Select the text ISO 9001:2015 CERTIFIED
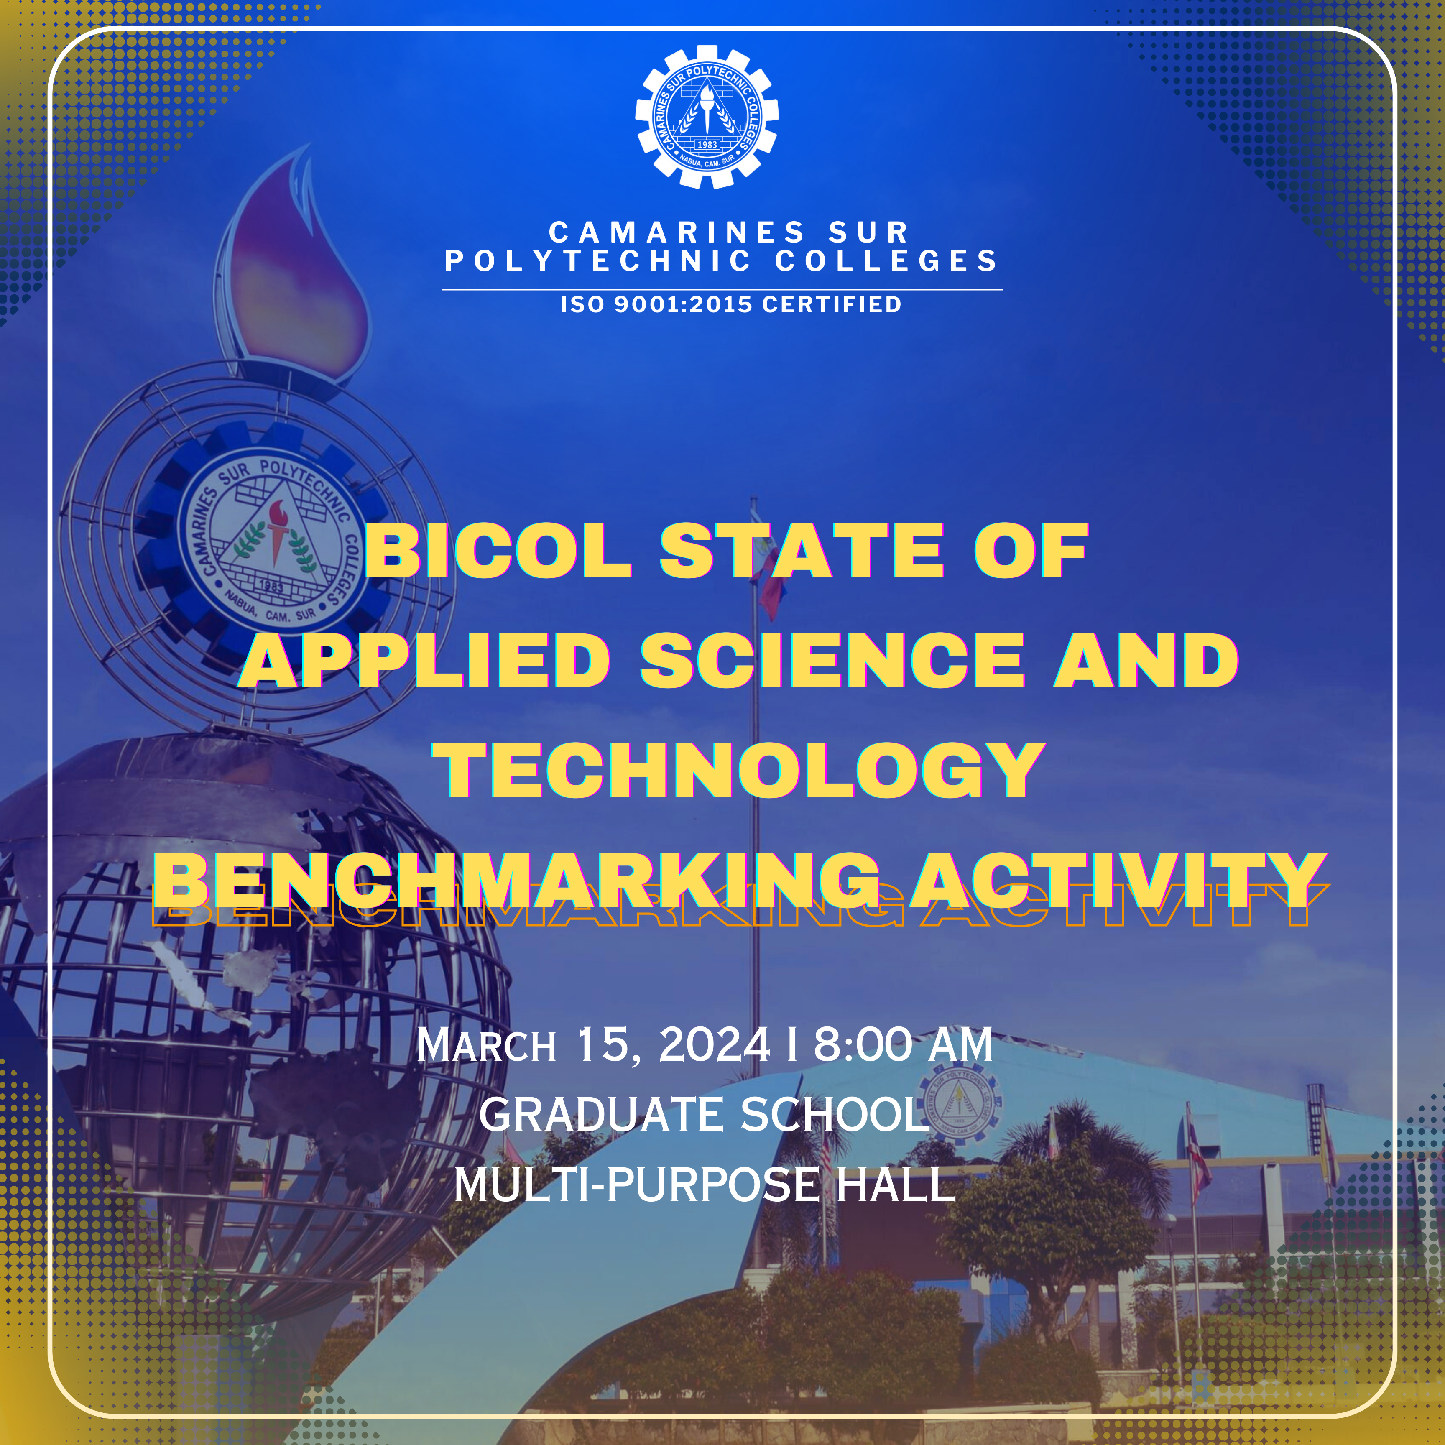click(x=731, y=304)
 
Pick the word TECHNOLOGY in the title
click(x=738, y=771)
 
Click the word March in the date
click(x=486, y=1045)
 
